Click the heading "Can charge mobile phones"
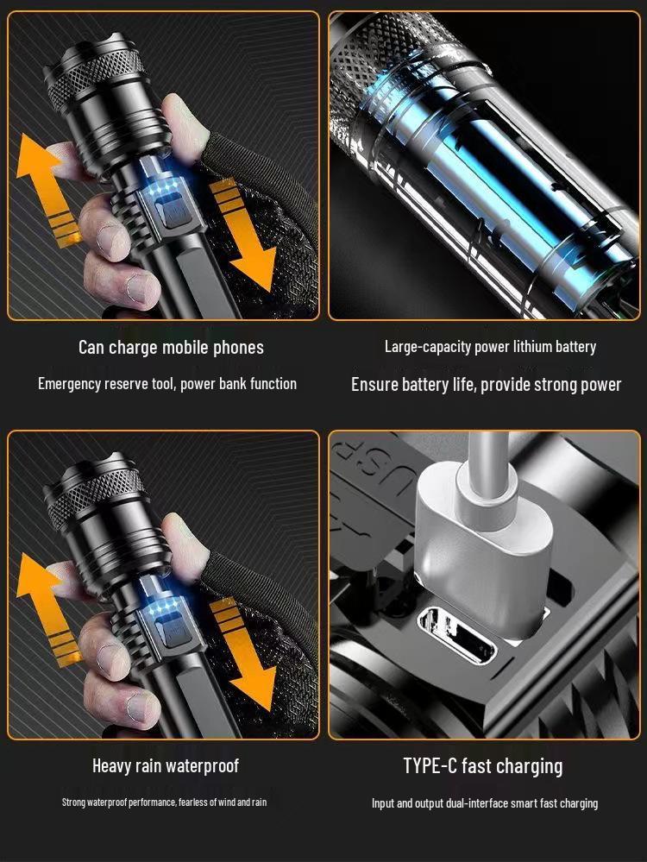tap(171, 348)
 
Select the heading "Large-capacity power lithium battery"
tap(490, 347)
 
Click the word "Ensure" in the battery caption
tap(374, 385)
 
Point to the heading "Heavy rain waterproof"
tap(166, 765)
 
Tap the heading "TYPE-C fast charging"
tap(482, 765)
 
